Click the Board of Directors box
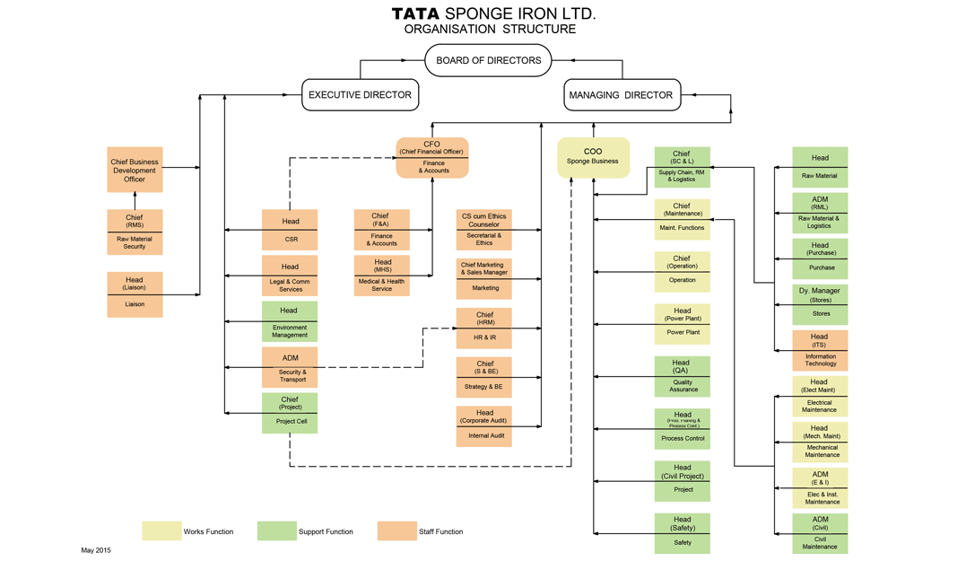(488, 61)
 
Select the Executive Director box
(360, 95)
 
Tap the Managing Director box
(622, 95)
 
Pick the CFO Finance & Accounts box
(432, 157)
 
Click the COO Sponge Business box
(593, 157)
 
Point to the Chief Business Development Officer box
(135, 170)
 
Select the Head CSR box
(290, 231)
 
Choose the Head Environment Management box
(290, 321)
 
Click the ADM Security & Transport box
(290, 367)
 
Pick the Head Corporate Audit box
(483, 425)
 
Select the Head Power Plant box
(683, 324)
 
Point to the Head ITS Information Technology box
(820, 349)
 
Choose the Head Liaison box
(135, 294)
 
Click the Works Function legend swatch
(161, 531)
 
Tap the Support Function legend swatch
(276, 531)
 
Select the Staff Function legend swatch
(396, 531)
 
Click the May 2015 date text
(96, 550)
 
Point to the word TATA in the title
(415, 14)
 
